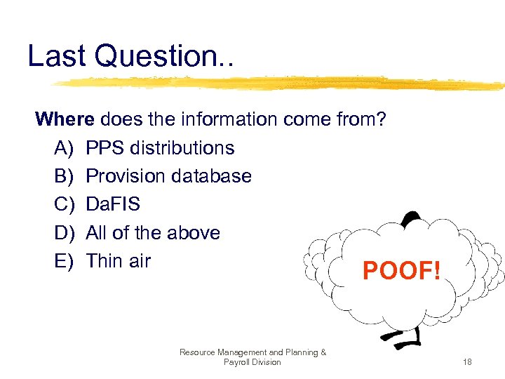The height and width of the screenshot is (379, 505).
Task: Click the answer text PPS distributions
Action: click(x=160, y=148)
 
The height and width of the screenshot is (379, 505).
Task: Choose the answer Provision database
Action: click(x=168, y=176)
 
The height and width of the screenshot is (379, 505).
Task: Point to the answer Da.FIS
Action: click(x=113, y=204)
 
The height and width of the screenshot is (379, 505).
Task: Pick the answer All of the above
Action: click(x=153, y=232)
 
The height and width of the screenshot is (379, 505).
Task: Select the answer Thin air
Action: click(x=118, y=260)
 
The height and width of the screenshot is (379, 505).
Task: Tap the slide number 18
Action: click(x=467, y=362)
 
